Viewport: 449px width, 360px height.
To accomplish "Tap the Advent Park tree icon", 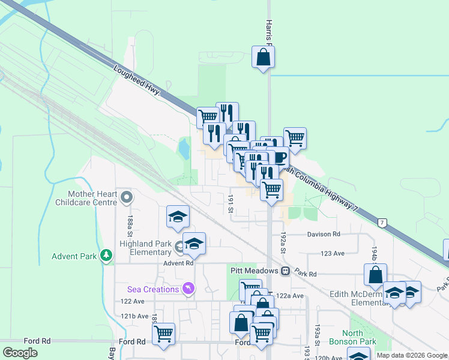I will click(x=107, y=256).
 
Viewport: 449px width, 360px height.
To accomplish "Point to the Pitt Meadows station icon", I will click(x=286, y=271).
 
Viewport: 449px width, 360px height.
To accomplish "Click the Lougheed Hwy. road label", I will click(x=137, y=80).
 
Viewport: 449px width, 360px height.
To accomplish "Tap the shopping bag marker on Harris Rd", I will click(x=263, y=58).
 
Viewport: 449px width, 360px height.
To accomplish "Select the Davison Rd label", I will click(x=324, y=234).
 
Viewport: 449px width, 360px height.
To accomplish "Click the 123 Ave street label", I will click(x=333, y=253).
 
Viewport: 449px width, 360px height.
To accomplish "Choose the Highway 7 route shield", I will click(x=382, y=223).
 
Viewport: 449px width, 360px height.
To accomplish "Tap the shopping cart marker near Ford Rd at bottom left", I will click(x=163, y=334).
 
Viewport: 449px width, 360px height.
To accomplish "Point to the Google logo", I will click(x=20, y=352).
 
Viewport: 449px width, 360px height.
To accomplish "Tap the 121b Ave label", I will click(x=134, y=316).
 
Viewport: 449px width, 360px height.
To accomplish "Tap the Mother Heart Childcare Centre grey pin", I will click(x=127, y=197).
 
